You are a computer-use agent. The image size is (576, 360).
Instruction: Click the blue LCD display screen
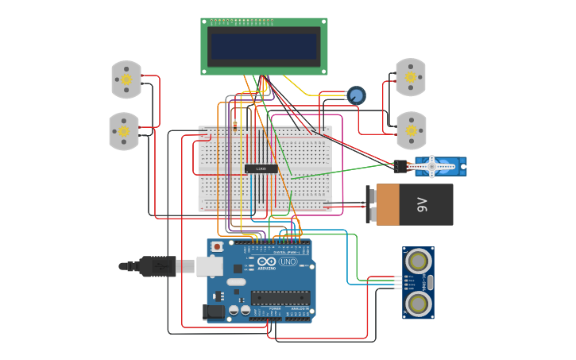coord(264,46)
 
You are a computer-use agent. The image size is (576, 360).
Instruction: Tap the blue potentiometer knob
coord(356,95)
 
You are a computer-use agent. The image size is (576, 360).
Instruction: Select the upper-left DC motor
coord(126,79)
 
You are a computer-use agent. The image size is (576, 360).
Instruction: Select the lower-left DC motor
coord(124,131)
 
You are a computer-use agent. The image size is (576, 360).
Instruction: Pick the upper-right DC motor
coord(411,77)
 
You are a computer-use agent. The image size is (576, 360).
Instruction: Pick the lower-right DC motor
coord(411,130)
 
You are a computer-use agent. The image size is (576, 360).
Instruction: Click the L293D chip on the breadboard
coord(261,168)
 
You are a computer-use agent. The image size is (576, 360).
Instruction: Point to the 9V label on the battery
coord(422,205)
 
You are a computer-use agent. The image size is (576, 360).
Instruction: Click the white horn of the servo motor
coord(434,166)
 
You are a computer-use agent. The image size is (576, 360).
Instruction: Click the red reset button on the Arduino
coord(217,247)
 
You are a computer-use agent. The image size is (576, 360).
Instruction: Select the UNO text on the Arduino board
coord(288,261)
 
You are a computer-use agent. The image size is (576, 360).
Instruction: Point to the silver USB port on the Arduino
coord(210,265)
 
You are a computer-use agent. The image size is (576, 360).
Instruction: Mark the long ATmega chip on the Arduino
coord(280,298)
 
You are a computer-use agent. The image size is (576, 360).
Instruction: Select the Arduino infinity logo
coord(267,261)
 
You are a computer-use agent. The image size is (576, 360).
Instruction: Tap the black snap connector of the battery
coord(370,205)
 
